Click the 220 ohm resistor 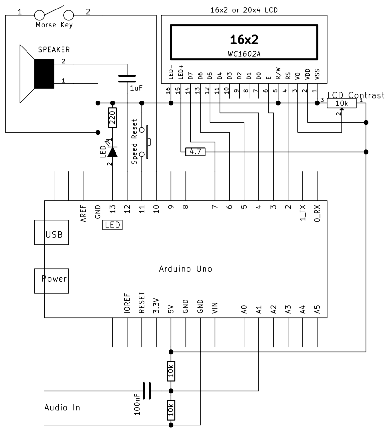pyautogui.click(x=113, y=118)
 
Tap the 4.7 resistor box pyautogui.click(x=195, y=152)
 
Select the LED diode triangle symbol pyautogui.click(x=113, y=152)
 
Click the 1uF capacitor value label pyautogui.click(x=136, y=88)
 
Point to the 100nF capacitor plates pyautogui.click(x=147, y=391)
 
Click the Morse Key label pyautogui.click(x=54, y=25)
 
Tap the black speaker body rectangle pyautogui.click(x=44, y=74)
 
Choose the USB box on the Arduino pyautogui.click(x=51, y=232)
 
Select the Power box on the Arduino pyautogui.click(x=51, y=281)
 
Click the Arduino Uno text pyautogui.click(x=186, y=269)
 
